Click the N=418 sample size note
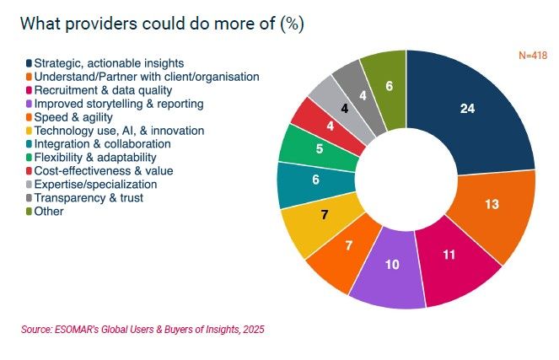pyautogui.click(x=533, y=56)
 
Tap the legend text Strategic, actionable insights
pyautogui.click(x=109, y=63)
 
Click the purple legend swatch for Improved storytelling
pyautogui.click(x=29, y=104)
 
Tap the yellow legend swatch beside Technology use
pyautogui.click(x=29, y=131)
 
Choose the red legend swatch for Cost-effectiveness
pyautogui.click(x=29, y=171)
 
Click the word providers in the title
pyautogui.click(x=101, y=24)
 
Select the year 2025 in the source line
pyautogui.click(x=254, y=330)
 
